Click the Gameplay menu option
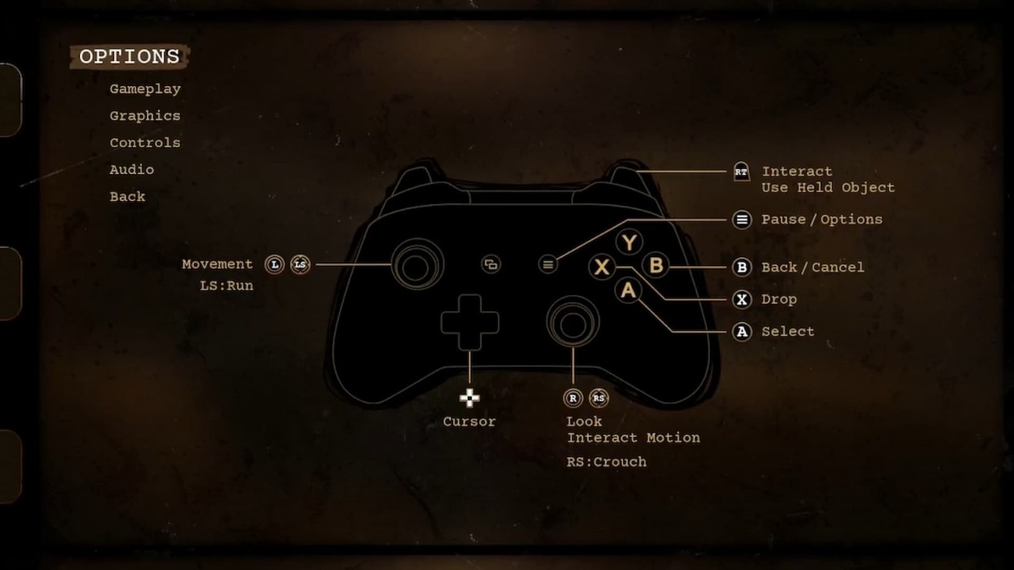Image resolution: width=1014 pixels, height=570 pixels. pos(145,89)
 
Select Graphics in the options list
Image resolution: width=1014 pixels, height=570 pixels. pos(145,116)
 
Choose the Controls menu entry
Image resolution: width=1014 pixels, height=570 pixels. pos(145,143)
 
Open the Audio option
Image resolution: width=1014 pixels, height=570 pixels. pos(132,170)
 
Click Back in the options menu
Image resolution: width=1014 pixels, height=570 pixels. pos(127,197)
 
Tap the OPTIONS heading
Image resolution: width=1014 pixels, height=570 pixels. pos(129,56)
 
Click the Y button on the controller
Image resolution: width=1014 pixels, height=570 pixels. pos(629,242)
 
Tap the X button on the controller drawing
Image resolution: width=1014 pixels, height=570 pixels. pos(602,267)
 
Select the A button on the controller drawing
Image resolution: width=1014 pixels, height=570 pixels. pos(628,290)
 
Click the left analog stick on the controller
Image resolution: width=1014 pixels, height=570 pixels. pos(416,265)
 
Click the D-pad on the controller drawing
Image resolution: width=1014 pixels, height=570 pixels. pos(470,322)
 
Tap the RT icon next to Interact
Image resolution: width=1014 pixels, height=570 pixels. pos(741,172)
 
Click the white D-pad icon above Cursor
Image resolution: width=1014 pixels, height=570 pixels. pos(470,398)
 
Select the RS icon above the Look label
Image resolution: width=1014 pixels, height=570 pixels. pos(599,398)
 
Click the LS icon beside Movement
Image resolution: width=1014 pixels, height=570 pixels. pos(300,264)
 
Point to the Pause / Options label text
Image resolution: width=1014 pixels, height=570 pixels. pos(821,220)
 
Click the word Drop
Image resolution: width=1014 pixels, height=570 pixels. pos(779,300)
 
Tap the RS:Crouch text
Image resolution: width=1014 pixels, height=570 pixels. pos(606,462)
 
